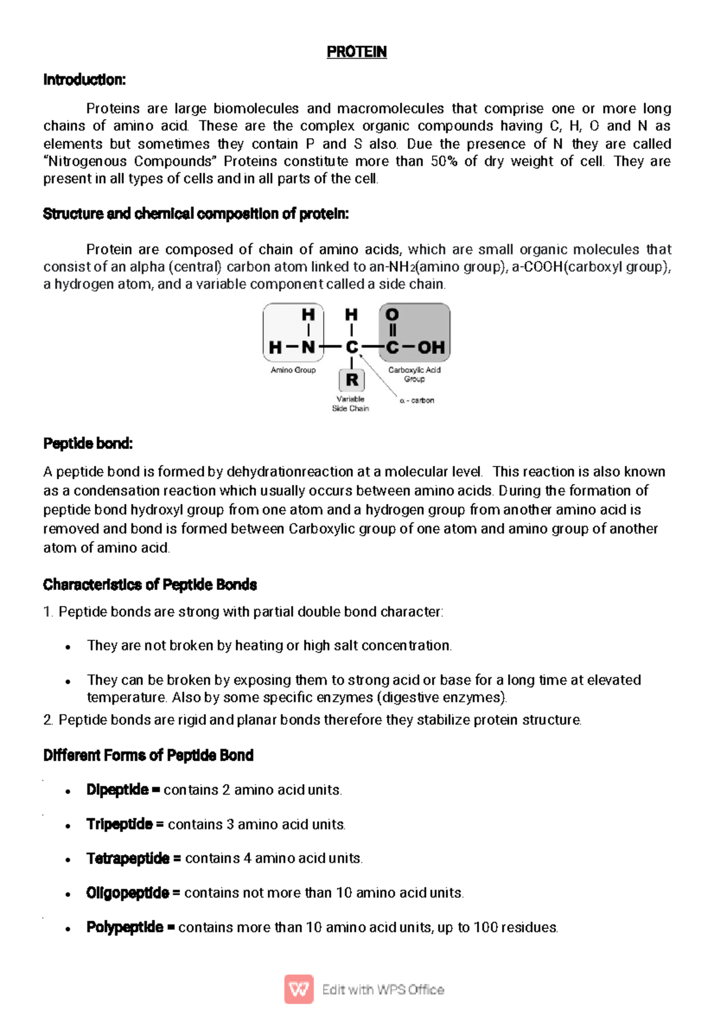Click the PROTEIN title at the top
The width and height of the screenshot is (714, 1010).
[x=356, y=52]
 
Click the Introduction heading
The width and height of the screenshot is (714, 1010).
[x=84, y=80]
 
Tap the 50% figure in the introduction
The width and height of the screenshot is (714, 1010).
[x=443, y=161]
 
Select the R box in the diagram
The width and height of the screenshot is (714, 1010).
[x=352, y=379]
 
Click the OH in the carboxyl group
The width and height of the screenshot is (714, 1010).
[x=431, y=347]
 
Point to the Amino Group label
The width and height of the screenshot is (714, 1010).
[x=293, y=370]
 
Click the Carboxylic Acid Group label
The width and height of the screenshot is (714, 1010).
[x=414, y=374]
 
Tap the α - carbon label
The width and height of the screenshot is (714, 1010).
[x=417, y=401]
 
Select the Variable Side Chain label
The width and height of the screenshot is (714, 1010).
[x=350, y=404]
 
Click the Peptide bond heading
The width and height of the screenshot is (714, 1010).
[x=87, y=443]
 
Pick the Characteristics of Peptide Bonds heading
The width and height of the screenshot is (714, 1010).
[x=149, y=584]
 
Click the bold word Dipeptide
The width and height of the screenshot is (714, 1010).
[x=117, y=790]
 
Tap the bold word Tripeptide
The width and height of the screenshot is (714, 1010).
[x=119, y=824]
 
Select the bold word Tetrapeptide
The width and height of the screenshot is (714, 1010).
[x=128, y=858]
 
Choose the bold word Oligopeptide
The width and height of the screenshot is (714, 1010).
[x=127, y=893]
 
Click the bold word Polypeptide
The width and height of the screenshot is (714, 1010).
[x=124, y=927]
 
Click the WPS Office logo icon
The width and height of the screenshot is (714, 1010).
[x=299, y=989]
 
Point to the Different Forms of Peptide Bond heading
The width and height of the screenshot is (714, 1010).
[x=148, y=755]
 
